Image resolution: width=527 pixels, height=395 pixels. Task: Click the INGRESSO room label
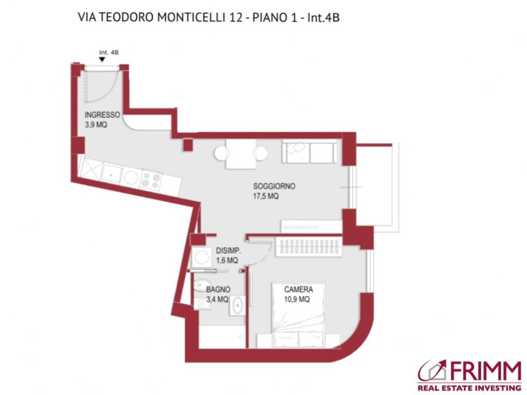coord(102,115)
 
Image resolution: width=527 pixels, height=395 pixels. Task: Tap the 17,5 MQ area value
coord(266,196)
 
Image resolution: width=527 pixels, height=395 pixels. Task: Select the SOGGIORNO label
coord(274,186)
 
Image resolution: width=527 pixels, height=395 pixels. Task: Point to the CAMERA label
coord(298,290)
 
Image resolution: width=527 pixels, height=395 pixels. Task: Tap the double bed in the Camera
coord(298,314)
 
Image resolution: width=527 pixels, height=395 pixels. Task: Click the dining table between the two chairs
coord(241,154)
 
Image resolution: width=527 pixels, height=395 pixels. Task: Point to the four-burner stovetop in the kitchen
coord(151,179)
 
